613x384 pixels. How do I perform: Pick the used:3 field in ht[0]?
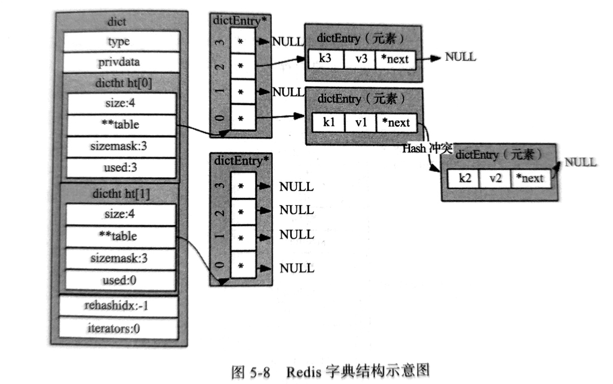(x=121, y=168)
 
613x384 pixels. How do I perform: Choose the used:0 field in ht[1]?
(x=120, y=280)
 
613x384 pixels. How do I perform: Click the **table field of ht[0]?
(x=121, y=125)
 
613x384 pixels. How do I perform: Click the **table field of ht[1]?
(x=120, y=236)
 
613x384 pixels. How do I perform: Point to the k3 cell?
(x=326, y=59)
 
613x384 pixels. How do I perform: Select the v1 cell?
(x=361, y=122)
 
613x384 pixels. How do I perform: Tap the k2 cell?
(x=464, y=178)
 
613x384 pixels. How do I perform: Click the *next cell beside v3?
(x=395, y=59)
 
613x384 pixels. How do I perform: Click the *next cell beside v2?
(x=530, y=178)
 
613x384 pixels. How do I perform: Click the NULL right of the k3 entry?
(x=460, y=57)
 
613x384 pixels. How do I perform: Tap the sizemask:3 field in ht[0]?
(x=121, y=146)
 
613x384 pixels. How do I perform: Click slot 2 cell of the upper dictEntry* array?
(x=242, y=66)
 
